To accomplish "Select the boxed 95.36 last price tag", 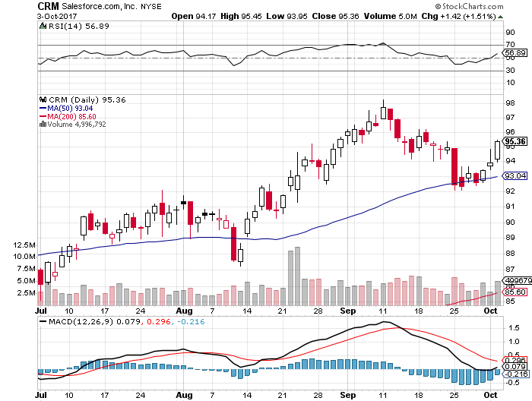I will point(516,141).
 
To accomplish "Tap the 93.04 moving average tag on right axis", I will point(516,176).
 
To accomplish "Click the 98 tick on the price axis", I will point(509,103).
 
